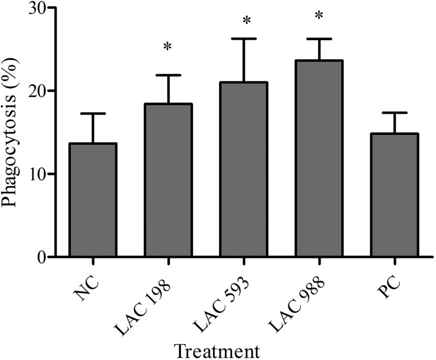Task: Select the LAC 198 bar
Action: click(x=168, y=180)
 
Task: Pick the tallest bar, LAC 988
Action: click(x=318, y=158)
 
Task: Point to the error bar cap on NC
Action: click(x=93, y=113)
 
